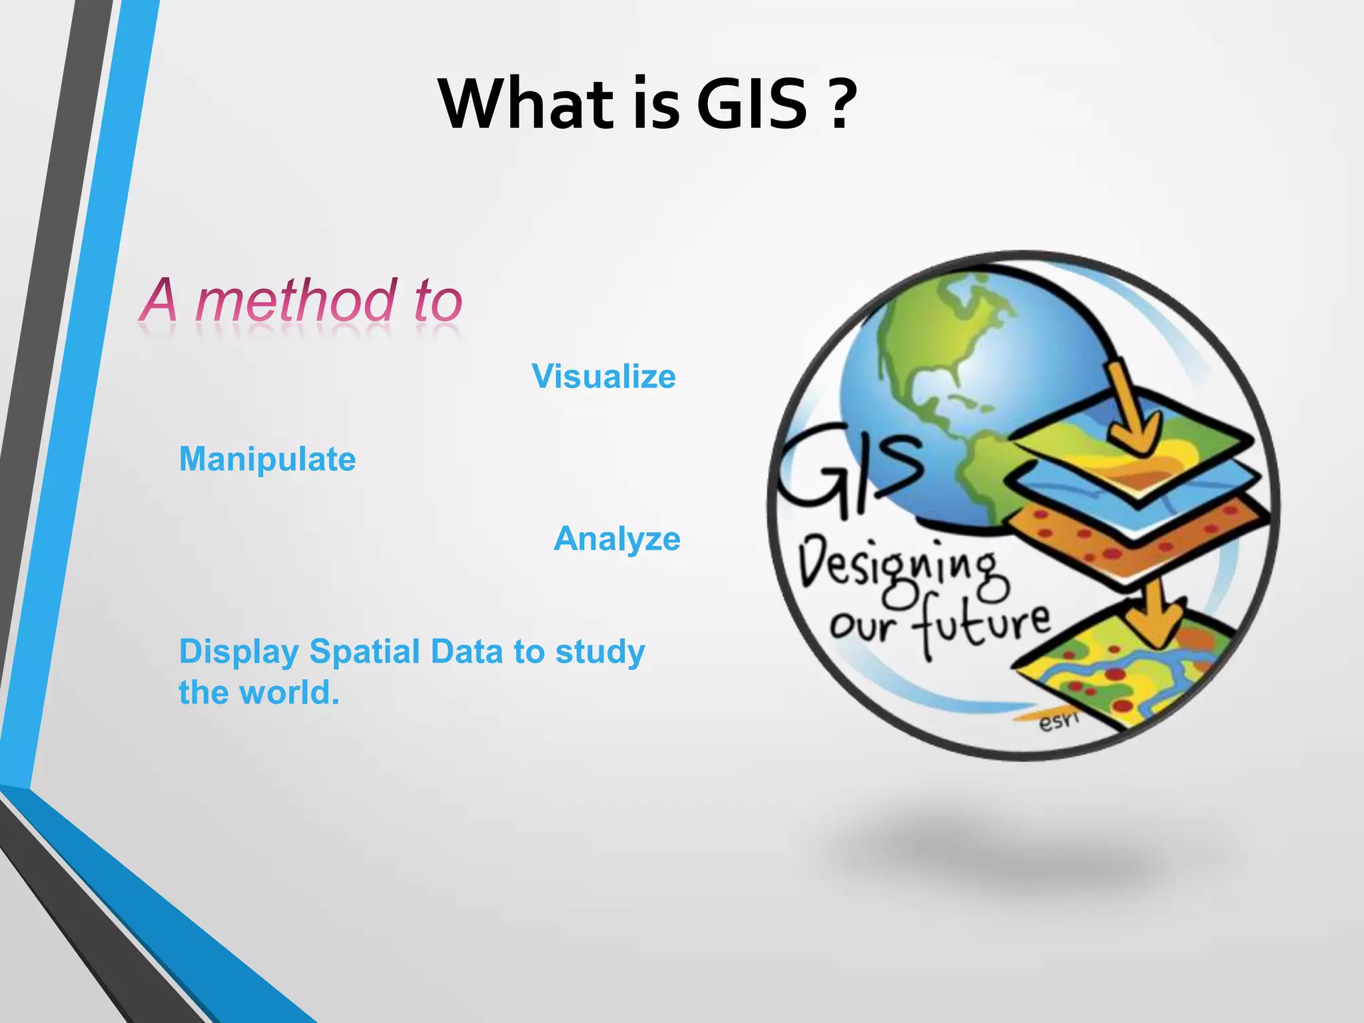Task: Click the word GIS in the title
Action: [753, 105]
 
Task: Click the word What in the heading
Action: [525, 105]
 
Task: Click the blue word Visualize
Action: [603, 377]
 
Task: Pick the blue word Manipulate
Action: [267, 460]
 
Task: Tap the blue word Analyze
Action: [617, 539]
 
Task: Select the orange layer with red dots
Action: [1132, 539]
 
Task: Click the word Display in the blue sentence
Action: [238, 653]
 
